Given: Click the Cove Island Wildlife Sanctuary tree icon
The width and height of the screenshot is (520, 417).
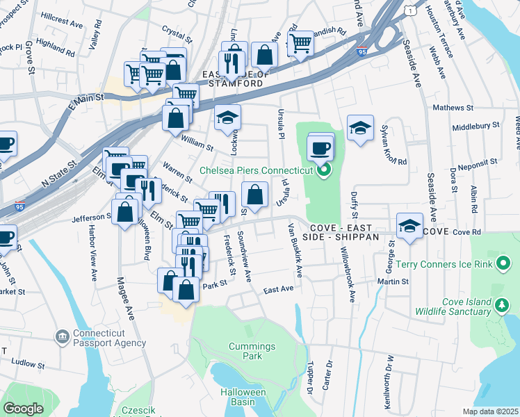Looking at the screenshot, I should (500, 304).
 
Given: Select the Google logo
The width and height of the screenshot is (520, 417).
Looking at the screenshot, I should (23, 409).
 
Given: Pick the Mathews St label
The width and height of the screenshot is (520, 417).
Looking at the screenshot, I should (452, 108).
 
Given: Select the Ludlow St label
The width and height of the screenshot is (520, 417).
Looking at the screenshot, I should (28, 363).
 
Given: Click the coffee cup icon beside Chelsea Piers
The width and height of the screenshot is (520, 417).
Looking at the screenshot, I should (320, 147).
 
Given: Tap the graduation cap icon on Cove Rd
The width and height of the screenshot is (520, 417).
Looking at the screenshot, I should (410, 226).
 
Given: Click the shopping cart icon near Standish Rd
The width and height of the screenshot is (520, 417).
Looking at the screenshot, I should (300, 43).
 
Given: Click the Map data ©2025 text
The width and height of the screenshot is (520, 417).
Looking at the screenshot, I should (490, 411).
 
